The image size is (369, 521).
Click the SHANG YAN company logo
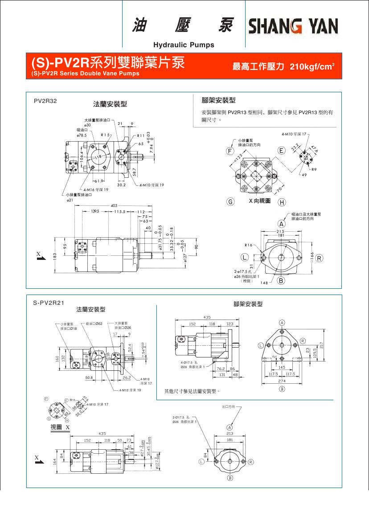[x=293, y=26]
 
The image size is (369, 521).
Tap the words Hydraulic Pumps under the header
[x=184, y=45]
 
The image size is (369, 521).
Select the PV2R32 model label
[x=45, y=101]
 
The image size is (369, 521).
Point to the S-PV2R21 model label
[x=49, y=303]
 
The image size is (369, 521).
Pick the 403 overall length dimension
[x=114, y=205]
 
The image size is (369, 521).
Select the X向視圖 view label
[x=259, y=201]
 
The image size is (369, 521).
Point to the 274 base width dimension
[x=282, y=382]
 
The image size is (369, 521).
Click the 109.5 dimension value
[x=314, y=353]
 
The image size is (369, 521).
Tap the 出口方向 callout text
[x=229, y=407]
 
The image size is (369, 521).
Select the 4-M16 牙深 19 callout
[x=95, y=189]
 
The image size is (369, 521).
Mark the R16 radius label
[x=248, y=245]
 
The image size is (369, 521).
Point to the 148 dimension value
[x=265, y=283]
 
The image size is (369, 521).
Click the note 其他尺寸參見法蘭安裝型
[x=192, y=391]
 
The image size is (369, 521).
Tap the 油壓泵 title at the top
[x=183, y=26]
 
